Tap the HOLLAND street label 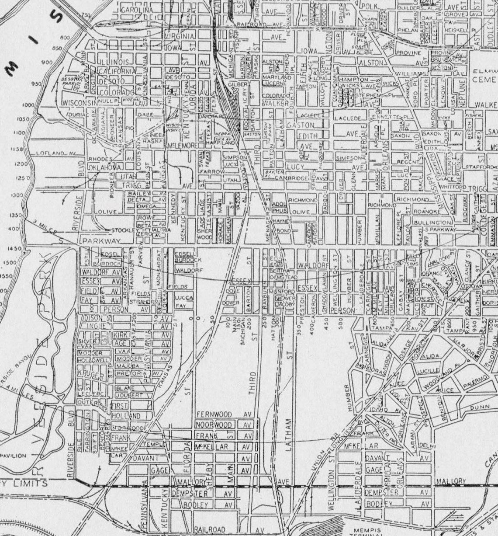pos(126,415)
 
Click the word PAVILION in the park pos(13,456)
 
